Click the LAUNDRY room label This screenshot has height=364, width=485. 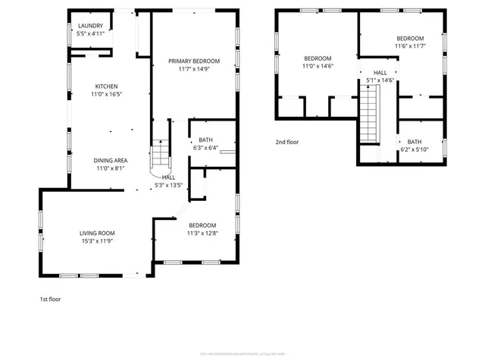(x=91, y=25)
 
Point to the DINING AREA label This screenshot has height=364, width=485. (x=110, y=160)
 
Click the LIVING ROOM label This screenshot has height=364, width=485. (x=97, y=233)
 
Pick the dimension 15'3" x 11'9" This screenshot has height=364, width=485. (x=97, y=241)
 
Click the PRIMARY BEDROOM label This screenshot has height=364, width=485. (x=194, y=61)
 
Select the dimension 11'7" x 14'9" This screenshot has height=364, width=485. (x=194, y=69)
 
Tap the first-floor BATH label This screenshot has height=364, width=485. (x=205, y=140)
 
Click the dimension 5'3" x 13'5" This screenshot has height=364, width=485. (x=168, y=185)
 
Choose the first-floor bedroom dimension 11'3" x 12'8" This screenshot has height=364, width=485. (x=202, y=234)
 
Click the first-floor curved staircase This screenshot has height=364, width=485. (x=161, y=156)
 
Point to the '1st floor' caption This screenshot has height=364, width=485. (x=50, y=299)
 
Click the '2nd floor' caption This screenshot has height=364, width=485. (x=287, y=142)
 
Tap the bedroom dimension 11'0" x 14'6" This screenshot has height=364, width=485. (x=318, y=67)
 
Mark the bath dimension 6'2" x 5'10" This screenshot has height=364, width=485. (x=414, y=149)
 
